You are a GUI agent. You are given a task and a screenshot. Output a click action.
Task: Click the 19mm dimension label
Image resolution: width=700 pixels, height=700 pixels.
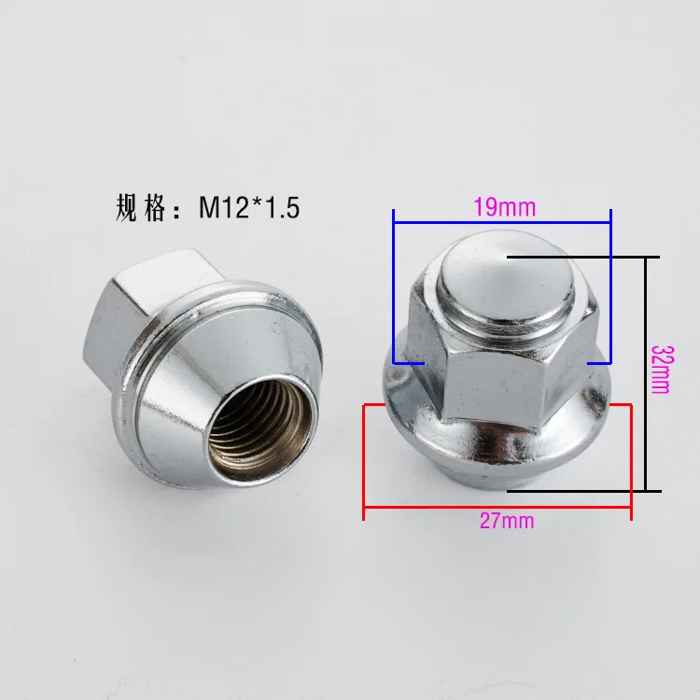[504, 207]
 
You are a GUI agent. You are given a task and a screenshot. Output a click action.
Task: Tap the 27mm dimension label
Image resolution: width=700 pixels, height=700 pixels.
[507, 521]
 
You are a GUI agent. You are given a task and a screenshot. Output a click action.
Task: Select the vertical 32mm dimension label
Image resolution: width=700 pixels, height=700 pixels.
[660, 370]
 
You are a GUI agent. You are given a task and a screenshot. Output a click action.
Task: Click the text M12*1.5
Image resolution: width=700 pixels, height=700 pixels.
[249, 208]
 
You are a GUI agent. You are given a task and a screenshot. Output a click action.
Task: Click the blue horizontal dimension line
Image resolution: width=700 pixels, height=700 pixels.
[502, 222]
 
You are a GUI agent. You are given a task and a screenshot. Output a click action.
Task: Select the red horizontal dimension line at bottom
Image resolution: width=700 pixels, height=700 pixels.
[497, 507]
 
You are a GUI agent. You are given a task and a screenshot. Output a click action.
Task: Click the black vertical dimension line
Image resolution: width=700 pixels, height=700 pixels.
[646, 374]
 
